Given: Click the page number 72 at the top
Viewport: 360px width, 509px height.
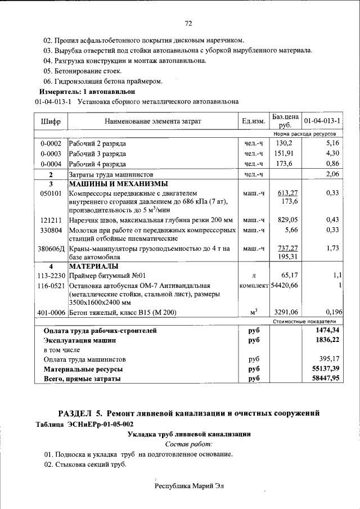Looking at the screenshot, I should pyautogui.click(x=189, y=23).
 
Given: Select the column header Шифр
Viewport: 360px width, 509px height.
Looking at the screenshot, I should pyautogui.click(x=51, y=121).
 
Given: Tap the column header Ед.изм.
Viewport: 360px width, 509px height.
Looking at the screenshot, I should pyautogui.click(x=253, y=121).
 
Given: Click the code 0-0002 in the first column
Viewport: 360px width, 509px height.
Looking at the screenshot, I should pyautogui.click(x=51, y=143).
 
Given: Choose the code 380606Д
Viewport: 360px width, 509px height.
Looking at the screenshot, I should pyautogui.click(x=52, y=247).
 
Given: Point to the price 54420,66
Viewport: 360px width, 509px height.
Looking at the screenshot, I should pyautogui.click(x=283, y=286).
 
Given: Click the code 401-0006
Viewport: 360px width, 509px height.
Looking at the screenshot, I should pyautogui.click(x=51, y=312).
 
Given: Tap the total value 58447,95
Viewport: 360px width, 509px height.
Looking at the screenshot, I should pyautogui.click(x=328, y=379).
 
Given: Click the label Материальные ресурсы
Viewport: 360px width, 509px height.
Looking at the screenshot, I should pyautogui.click(x=84, y=369).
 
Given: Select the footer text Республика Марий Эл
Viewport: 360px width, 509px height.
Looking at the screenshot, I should pyautogui.click(x=189, y=485).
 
